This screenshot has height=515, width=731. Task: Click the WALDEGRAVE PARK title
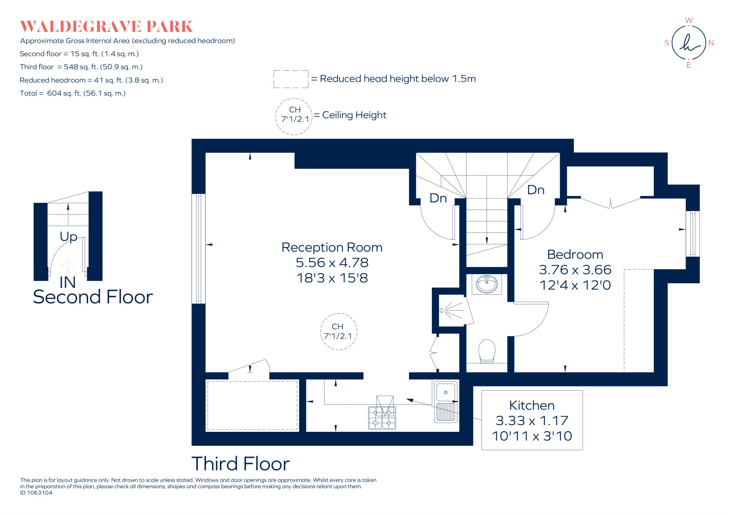click(106, 27)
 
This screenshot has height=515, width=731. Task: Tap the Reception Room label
click(332, 247)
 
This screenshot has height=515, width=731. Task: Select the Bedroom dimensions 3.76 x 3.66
click(575, 270)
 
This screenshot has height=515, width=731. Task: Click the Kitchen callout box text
click(531, 420)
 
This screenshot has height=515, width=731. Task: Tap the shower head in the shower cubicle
click(443, 310)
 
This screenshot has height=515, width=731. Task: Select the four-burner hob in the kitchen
click(382, 417)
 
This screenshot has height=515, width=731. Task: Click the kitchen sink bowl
click(445, 392)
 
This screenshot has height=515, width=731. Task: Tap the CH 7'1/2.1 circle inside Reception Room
click(338, 331)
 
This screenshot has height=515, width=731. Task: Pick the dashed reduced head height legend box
click(291, 79)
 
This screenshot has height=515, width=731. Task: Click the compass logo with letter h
click(689, 43)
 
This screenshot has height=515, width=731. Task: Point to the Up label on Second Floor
click(68, 236)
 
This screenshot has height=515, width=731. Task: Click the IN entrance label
click(67, 282)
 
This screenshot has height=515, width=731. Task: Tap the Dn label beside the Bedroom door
click(535, 190)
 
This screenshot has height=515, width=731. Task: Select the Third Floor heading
click(240, 464)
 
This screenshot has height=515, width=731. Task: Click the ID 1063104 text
click(36, 493)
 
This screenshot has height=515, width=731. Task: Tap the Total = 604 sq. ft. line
click(72, 93)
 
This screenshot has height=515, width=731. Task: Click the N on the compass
click(711, 43)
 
